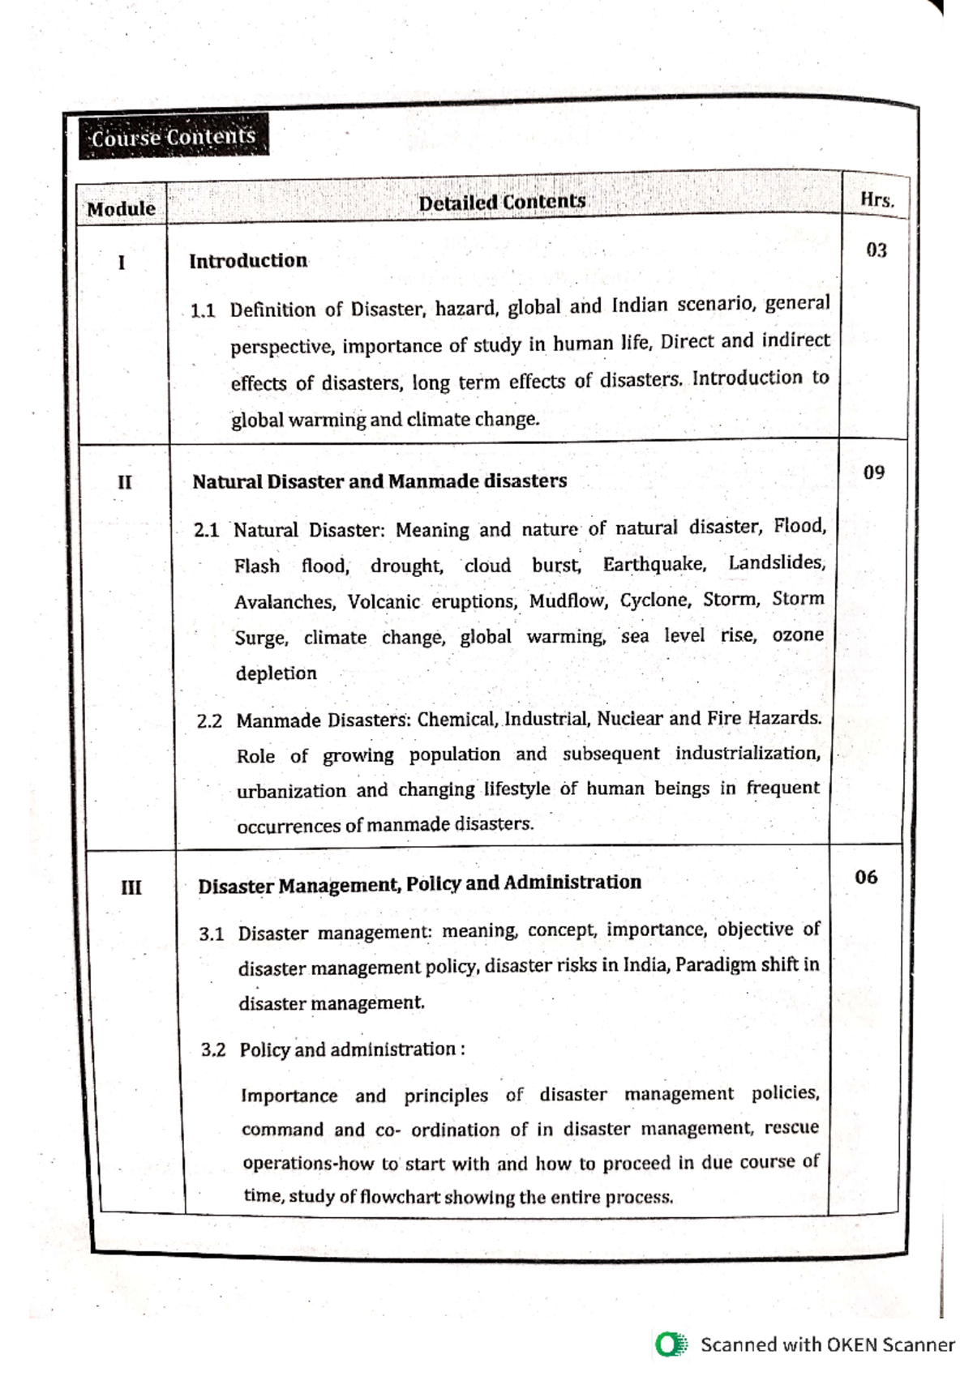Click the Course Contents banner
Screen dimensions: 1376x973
173,137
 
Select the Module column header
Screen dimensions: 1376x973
121,209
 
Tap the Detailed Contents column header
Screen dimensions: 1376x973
502,202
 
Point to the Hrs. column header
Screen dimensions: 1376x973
877,199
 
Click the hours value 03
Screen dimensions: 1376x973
877,250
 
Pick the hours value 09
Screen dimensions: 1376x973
873,472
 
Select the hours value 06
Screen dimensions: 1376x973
866,877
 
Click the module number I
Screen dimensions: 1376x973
122,263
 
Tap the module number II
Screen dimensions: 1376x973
124,482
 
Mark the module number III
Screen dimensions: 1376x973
131,887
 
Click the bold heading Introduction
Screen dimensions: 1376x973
248,261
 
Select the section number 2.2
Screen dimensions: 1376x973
209,721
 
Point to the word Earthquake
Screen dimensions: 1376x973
654,564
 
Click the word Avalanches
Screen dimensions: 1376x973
284,602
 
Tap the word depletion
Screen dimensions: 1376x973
276,673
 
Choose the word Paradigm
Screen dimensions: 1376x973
715,965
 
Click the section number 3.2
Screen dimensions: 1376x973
213,1050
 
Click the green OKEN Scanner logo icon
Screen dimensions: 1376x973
671,1344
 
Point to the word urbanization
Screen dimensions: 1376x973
291,791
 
